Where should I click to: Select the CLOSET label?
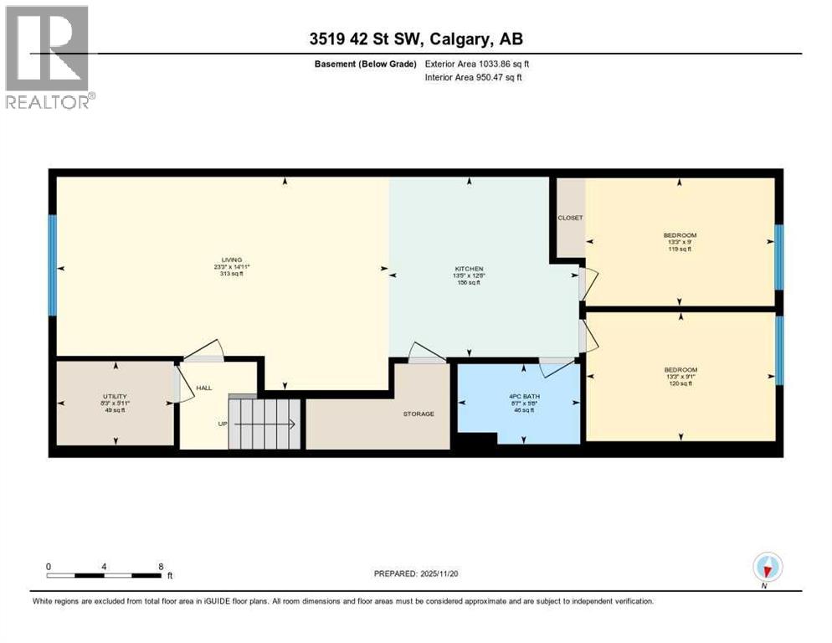570,218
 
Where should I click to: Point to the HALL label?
203,388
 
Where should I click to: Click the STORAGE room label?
418,414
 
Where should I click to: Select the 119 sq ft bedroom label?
680,235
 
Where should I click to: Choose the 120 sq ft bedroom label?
680,369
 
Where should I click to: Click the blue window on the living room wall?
52,265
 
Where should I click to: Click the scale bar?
104,575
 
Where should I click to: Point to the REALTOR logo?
49,56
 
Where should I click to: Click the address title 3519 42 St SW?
415,39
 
